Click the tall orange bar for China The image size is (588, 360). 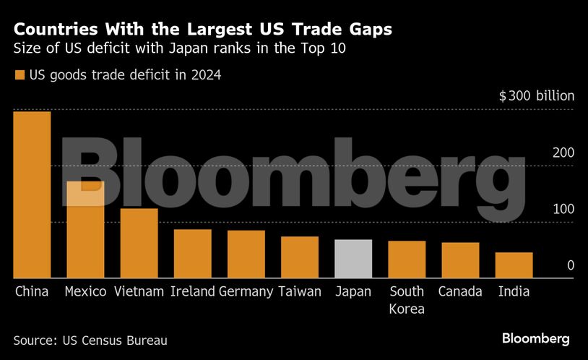click(32, 194)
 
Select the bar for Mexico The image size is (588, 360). click(85, 229)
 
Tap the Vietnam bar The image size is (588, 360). click(139, 243)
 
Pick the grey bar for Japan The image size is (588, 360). click(353, 259)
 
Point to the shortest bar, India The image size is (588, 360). click(514, 265)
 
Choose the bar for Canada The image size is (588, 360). click(460, 260)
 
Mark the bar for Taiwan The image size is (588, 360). click(300, 257)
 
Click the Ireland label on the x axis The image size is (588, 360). click(193, 292)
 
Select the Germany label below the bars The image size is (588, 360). click(246, 292)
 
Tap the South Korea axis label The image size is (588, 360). click(407, 300)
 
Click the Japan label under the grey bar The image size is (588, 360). click(353, 292)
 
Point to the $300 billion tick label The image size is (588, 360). click(537, 96)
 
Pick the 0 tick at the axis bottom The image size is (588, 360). click(570, 265)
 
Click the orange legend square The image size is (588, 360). click(20, 74)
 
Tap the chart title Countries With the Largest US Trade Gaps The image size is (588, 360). click(204, 30)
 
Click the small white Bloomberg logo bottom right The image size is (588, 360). click(535, 338)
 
